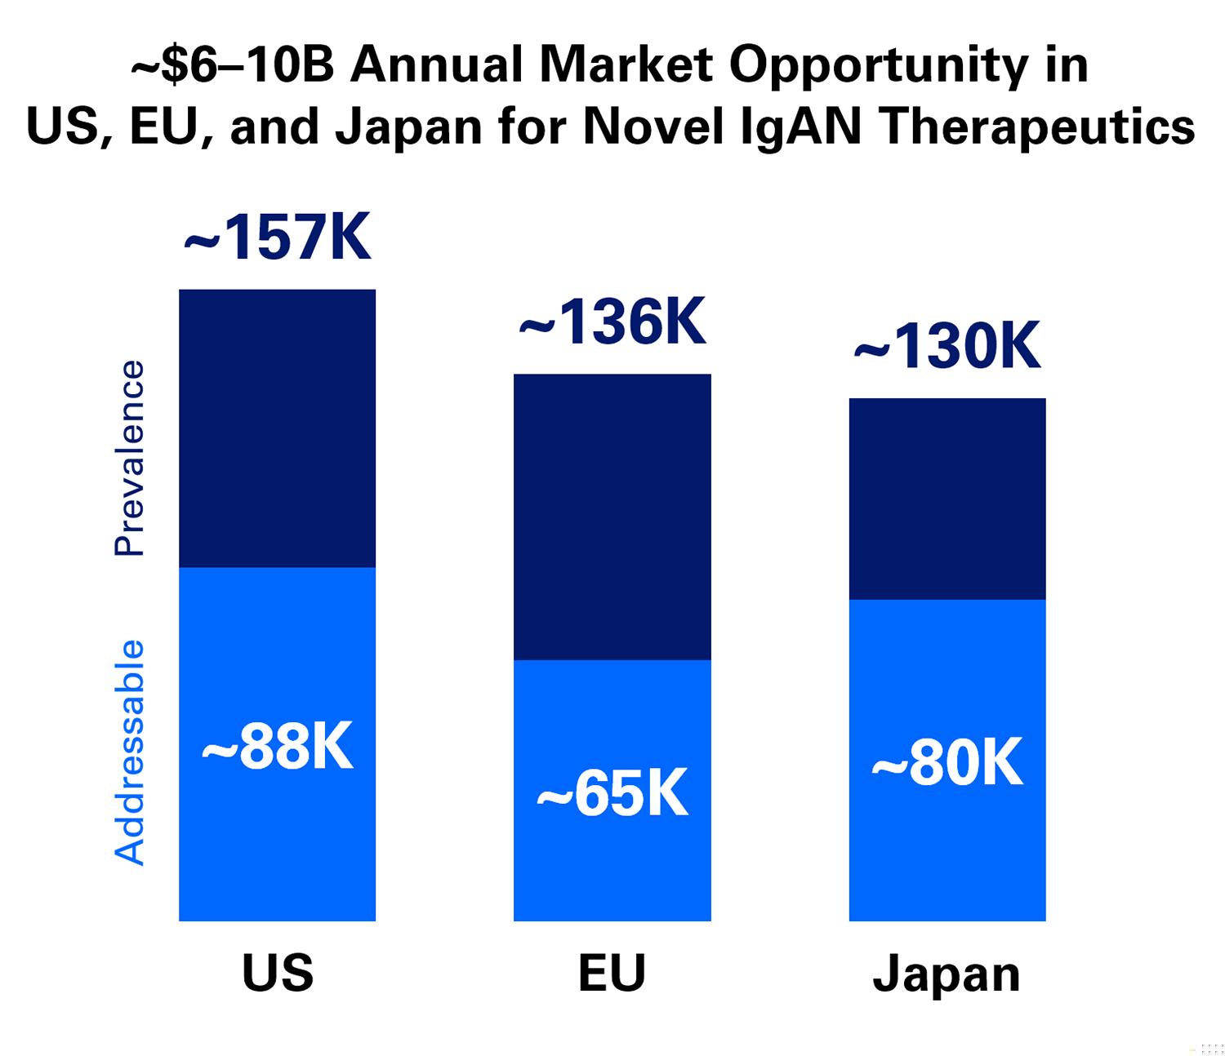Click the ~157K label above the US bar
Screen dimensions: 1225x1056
(278, 237)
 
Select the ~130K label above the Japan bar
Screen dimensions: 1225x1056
(947, 346)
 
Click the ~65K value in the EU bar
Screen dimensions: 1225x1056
(612, 793)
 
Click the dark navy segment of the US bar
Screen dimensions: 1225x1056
(278, 428)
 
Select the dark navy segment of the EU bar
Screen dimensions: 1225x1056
(612, 517)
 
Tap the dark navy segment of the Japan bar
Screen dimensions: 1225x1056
(947, 499)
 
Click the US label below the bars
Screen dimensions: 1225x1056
(278, 973)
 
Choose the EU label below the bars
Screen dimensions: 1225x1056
(612, 973)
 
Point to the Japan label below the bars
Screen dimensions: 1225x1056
(947, 977)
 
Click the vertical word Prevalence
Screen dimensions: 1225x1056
(129, 458)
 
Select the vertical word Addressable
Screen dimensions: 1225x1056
(129, 752)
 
